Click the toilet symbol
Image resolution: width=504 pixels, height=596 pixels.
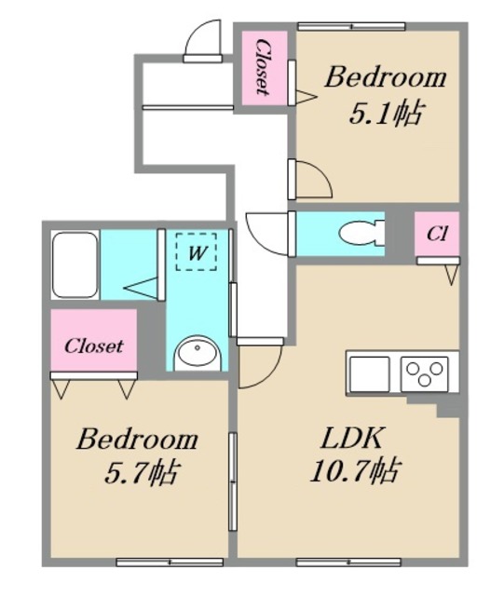point(361,233)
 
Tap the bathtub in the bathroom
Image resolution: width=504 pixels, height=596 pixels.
point(75,264)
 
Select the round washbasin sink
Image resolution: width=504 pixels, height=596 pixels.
point(198,353)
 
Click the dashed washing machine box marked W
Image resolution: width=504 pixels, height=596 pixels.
point(196,251)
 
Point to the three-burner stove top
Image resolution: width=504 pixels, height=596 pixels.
point(425,374)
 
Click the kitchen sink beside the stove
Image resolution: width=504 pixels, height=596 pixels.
point(370,374)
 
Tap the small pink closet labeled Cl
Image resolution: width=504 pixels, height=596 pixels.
point(437,234)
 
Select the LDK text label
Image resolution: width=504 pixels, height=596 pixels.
point(351,438)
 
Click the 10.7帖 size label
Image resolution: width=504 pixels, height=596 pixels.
point(355,471)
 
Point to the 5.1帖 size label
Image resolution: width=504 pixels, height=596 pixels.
point(386,114)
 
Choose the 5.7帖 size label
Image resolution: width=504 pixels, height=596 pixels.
point(141,472)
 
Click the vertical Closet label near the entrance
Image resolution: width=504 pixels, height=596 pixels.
point(263,67)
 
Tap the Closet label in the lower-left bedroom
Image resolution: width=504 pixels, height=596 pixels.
point(93,345)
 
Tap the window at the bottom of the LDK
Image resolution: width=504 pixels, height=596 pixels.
point(348,562)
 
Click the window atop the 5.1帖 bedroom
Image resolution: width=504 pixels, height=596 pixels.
point(351,27)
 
